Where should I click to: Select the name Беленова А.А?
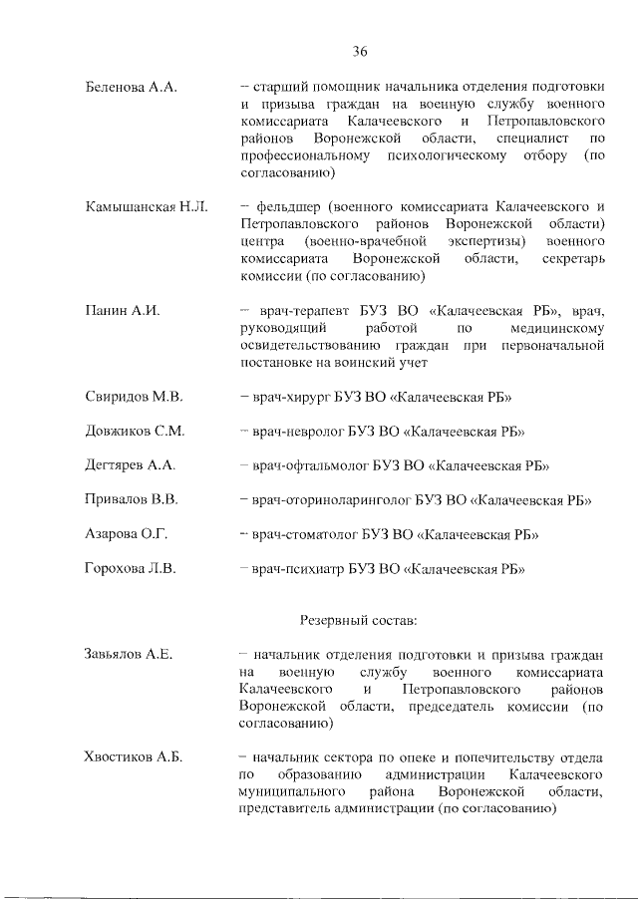coord(132,88)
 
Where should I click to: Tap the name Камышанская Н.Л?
coord(147,206)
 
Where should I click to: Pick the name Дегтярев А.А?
coord(131,465)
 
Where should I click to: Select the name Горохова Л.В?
coord(132,569)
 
